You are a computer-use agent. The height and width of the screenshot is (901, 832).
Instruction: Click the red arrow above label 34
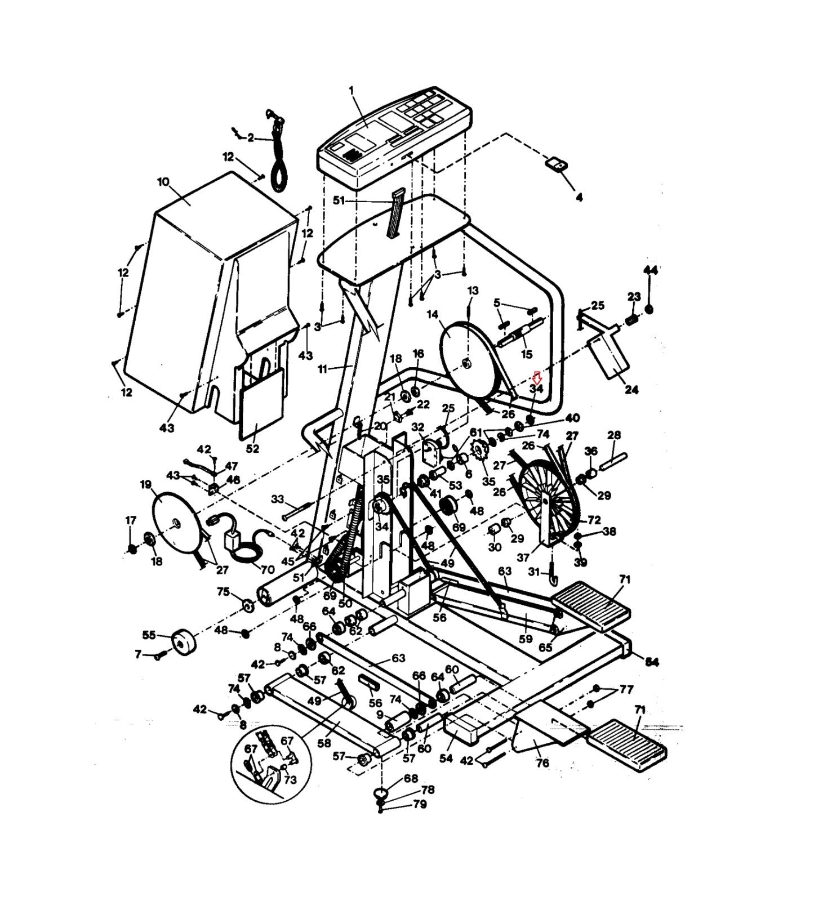[537, 375]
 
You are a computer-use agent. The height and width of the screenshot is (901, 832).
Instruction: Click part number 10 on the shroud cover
[163, 182]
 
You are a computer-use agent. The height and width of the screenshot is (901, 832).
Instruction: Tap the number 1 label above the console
[352, 90]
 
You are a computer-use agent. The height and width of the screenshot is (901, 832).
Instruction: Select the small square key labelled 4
[556, 166]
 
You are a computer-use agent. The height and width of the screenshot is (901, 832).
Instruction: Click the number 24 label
[631, 389]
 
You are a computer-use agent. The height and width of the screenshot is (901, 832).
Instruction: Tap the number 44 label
[651, 271]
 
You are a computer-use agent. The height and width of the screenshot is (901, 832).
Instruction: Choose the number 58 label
[324, 743]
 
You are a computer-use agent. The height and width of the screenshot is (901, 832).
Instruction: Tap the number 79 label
[420, 804]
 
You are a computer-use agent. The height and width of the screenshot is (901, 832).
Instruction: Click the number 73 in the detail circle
[290, 780]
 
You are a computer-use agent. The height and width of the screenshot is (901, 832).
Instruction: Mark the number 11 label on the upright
[323, 369]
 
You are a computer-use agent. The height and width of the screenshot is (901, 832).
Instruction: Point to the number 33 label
[278, 499]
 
